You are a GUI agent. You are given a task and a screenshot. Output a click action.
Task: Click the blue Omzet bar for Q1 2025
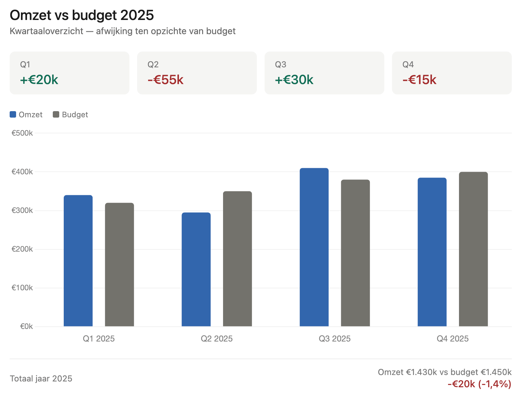point(78,261)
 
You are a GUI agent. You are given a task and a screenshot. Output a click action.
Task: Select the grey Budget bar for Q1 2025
point(119,265)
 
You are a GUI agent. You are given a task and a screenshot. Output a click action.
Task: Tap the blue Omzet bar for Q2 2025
point(196,269)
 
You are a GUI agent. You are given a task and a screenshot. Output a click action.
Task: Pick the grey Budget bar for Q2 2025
point(238,259)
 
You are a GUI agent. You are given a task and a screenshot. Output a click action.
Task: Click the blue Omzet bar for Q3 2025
point(314,247)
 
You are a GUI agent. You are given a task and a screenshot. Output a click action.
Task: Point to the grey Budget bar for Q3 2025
point(355,253)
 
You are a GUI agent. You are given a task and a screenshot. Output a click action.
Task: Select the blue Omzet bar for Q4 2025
point(432,252)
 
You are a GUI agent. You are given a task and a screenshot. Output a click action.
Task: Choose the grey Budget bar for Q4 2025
point(473,249)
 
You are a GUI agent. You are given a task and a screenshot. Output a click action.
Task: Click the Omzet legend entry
point(26,115)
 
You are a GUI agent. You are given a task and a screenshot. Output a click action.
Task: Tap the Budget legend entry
point(70,115)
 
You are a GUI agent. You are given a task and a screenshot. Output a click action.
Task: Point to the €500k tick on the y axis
point(22,133)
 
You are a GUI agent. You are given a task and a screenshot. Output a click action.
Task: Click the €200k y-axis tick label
point(22,249)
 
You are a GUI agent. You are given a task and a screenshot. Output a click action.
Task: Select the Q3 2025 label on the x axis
point(334,339)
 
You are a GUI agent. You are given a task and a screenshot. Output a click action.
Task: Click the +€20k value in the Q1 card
point(39,80)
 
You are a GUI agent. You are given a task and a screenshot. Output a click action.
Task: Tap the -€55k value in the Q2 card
point(165,80)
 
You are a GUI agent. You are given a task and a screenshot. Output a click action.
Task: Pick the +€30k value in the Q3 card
point(294,80)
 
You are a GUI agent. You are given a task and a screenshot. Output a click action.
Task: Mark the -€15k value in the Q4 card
point(419,80)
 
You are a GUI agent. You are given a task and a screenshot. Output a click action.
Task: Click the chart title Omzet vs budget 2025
point(82,15)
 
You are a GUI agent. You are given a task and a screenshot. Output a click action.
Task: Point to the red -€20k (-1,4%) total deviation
point(479,384)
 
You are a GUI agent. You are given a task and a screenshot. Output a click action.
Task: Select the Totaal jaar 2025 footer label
point(41,379)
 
